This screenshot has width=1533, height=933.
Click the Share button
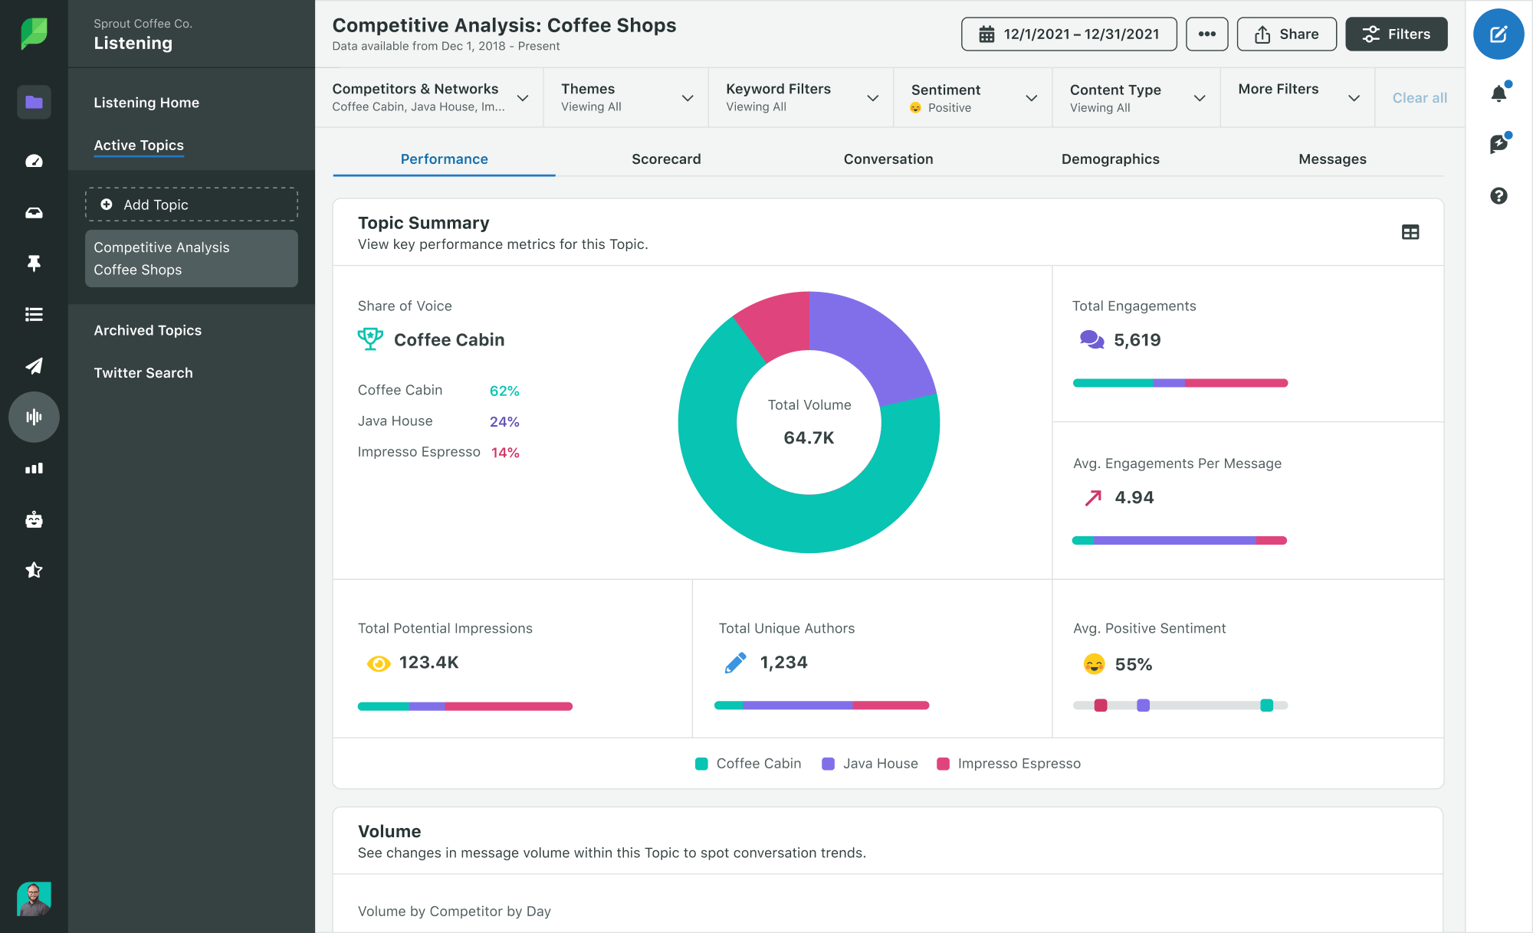click(1286, 34)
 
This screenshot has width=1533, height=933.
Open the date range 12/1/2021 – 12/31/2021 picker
click(1069, 34)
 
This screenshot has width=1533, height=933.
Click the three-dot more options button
click(1206, 34)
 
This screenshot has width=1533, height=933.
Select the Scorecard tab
click(665, 159)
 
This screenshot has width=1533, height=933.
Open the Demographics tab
click(1109, 159)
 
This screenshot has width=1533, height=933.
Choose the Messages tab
click(1331, 159)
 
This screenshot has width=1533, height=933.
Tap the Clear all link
click(1419, 98)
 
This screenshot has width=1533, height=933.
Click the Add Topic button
click(191, 205)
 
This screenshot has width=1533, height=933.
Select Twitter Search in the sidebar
click(143, 373)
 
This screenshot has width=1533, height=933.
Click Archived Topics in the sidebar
click(147, 330)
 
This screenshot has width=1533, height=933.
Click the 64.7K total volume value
click(809, 438)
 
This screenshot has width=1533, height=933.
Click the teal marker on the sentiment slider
click(1266, 705)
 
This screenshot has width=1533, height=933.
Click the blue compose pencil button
click(1498, 34)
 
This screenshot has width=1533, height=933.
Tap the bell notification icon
click(1498, 93)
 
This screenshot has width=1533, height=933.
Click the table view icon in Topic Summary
click(1410, 232)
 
